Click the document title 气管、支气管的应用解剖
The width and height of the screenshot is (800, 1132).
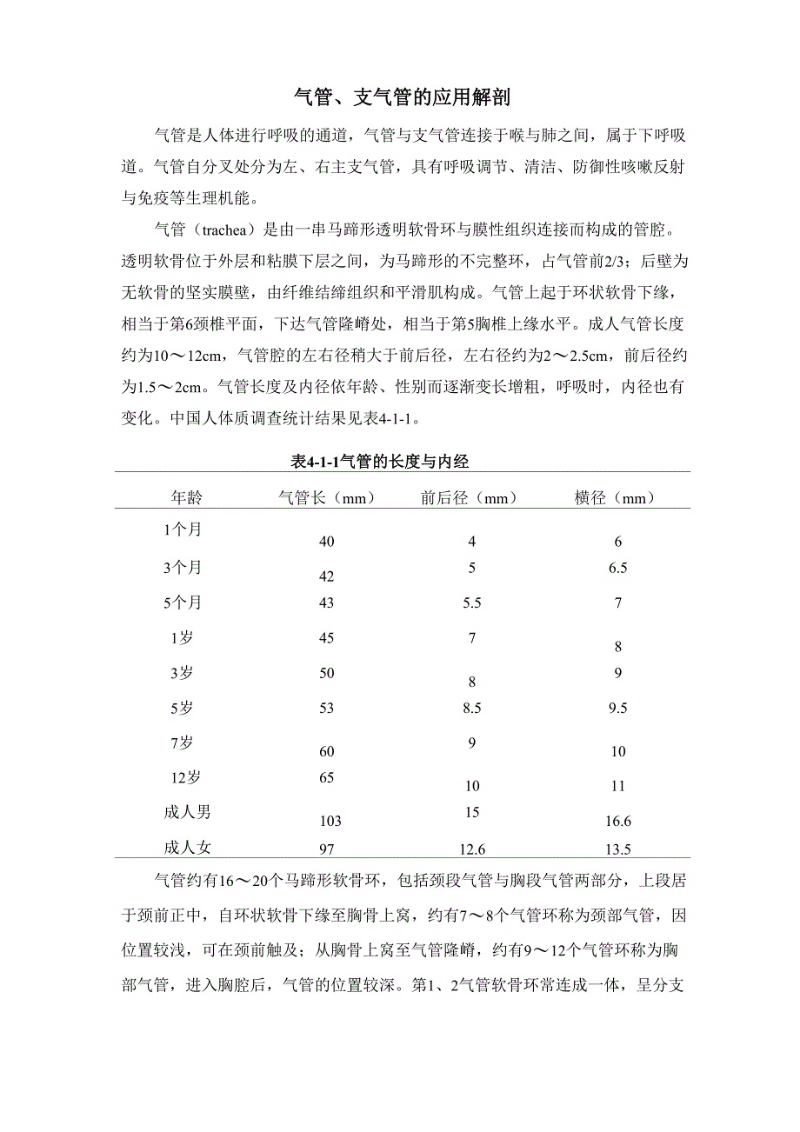pos(401,97)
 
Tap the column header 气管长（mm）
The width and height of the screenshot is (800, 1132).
pos(326,497)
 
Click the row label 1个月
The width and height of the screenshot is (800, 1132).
pos(183,529)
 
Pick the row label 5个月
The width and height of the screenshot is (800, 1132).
pos(183,602)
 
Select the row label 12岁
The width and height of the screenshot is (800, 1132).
pos(183,776)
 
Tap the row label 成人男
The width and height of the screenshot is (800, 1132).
pos(187,812)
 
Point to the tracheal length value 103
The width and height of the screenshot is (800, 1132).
pos(330,821)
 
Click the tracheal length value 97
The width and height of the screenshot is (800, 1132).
pos(327,849)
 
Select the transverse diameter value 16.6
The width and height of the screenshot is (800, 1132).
pos(618,821)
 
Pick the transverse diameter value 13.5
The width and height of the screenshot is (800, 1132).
pos(618,849)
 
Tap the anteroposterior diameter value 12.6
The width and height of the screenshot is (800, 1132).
pos(472,849)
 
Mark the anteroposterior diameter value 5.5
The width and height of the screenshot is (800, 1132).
pos(472,603)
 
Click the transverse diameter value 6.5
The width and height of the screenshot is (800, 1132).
pos(618,568)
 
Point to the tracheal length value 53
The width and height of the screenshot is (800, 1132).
pos(327,708)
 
